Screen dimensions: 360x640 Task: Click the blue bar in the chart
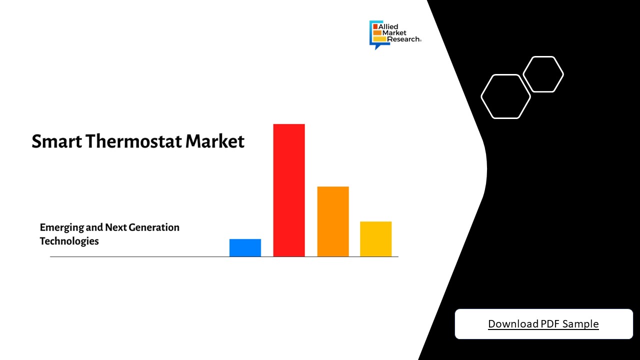[245, 248]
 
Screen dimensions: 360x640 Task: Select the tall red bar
[288, 190]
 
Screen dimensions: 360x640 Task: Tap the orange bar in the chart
[332, 221]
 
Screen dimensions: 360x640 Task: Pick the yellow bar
[375, 239]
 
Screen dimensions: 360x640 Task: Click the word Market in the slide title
[215, 141]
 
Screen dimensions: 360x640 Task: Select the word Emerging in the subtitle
[61, 228]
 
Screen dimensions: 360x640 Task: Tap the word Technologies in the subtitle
[69, 241]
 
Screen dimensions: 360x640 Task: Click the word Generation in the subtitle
[154, 227]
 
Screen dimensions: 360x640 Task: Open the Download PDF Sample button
[543, 324]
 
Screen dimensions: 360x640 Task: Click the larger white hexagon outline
[505, 96]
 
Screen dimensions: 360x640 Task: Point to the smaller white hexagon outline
[543, 74]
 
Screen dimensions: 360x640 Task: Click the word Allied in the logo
[389, 26]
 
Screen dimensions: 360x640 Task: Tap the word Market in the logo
[393, 33]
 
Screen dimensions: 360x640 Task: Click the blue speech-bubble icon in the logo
[373, 35]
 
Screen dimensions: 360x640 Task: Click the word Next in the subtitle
[116, 227]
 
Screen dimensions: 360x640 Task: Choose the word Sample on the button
[580, 324]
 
